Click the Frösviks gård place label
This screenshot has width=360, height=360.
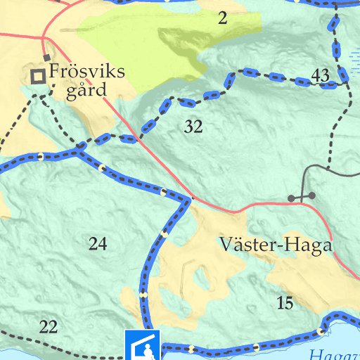tap(86, 81)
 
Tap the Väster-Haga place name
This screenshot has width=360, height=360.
tap(275, 244)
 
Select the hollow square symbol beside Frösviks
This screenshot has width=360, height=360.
tap(37, 77)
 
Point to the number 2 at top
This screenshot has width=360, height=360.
tap(223, 19)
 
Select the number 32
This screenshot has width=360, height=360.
tap(193, 127)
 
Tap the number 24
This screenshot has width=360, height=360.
tap(98, 244)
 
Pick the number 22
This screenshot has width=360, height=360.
tap(49, 326)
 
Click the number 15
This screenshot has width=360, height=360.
tap(285, 303)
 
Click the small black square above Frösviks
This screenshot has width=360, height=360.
tap(47, 58)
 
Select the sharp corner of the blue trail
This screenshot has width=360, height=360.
tap(188, 200)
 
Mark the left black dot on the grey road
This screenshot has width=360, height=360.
tap(291, 198)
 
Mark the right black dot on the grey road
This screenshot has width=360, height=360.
tap(312, 195)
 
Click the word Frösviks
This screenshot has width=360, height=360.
tap(86, 72)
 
